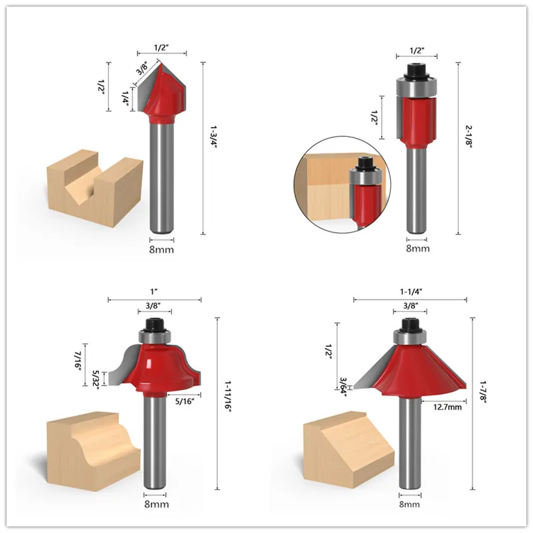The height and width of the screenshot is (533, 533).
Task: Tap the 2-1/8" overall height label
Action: pyautogui.click(x=469, y=136)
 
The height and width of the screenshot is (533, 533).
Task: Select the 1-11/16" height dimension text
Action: pyautogui.click(x=227, y=396)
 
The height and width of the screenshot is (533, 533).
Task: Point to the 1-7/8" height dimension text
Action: pyautogui.click(x=483, y=391)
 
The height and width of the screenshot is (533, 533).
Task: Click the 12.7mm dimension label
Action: pyautogui.click(x=447, y=407)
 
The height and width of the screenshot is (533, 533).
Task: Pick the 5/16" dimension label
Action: pyautogui.click(x=185, y=401)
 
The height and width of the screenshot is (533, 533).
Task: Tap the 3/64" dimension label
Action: pyautogui.click(x=343, y=387)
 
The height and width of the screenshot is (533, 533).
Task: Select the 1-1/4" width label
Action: pyautogui.click(x=411, y=292)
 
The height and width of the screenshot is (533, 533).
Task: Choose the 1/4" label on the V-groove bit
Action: pyautogui.click(x=126, y=100)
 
